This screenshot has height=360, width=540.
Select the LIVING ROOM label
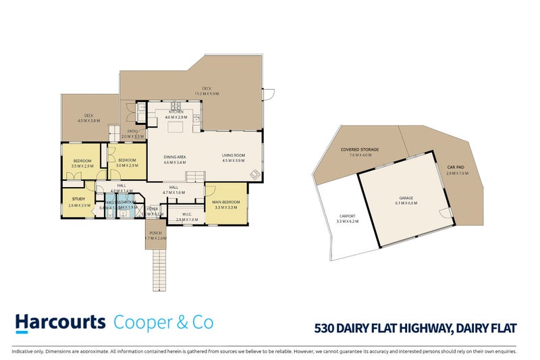click(233, 155)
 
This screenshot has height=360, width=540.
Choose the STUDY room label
click(80, 199)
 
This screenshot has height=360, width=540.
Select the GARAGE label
click(407, 198)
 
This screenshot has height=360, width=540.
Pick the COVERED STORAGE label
click(360, 149)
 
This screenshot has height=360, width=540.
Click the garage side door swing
click(446, 214)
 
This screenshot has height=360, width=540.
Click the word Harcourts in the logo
click(60, 322)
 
